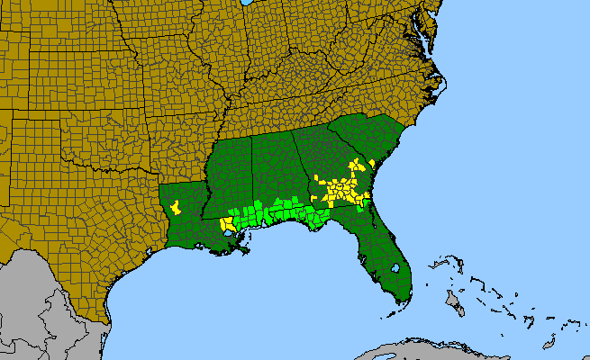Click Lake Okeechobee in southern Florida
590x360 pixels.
click(x=395, y=269)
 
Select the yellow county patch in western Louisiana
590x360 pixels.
click(x=177, y=207)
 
